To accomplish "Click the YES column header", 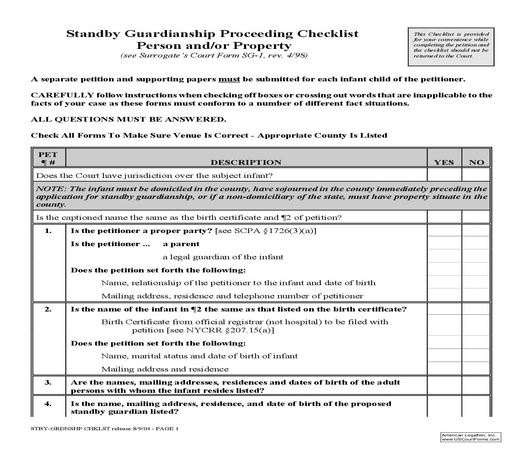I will click(x=444, y=162).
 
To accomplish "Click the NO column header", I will click(x=476, y=162).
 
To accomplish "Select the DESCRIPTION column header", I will click(x=246, y=162).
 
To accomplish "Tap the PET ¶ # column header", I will click(x=48, y=158).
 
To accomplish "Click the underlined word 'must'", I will click(x=229, y=79).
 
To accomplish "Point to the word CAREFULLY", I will click(x=62, y=95).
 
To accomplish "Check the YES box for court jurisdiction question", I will click(x=444, y=175).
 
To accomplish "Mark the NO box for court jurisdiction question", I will click(x=476, y=175).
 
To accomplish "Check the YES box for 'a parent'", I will click(x=444, y=243).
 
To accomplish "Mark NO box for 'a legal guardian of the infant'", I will click(x=476, y=256).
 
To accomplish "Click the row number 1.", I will click(x=48, y=231).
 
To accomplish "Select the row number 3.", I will click(x=48, y=382).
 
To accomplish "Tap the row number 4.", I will click(x=48, y=404).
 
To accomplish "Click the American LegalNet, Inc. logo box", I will click(x=470, y=437).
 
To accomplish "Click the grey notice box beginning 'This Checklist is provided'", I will click(x=451, y=46).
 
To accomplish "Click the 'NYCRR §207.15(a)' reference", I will click(x=230, y=330).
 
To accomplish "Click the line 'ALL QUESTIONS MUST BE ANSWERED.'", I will click(x=128, y=120).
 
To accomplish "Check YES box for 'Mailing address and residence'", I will click(x=444, y=369).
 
